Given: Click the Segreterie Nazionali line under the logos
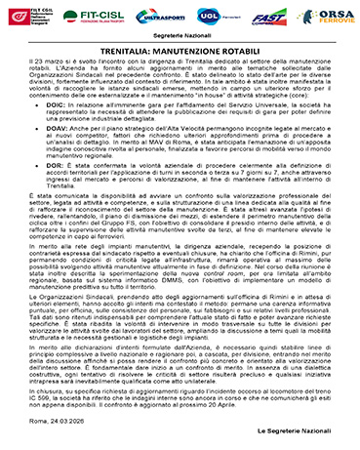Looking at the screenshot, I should point(180,37).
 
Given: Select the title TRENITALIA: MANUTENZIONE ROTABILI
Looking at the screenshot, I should point(180,49).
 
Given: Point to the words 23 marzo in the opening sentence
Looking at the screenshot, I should point(52,61).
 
